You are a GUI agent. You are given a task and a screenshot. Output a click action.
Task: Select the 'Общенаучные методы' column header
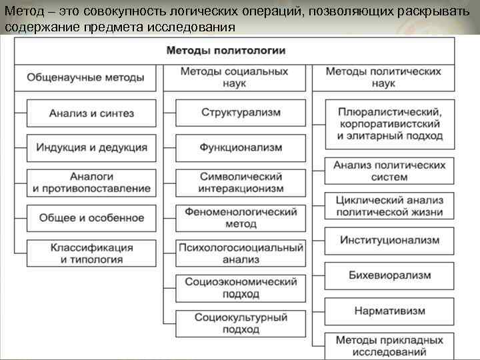coord(85,77)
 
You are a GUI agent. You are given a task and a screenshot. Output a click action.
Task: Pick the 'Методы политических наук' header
coord(383,77)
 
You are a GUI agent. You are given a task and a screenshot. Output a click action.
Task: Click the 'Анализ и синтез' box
coord(91,113)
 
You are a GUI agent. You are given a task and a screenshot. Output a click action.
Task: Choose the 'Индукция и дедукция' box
coord(91,147)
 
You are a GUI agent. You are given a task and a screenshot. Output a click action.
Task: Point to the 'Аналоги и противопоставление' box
coord(91,183)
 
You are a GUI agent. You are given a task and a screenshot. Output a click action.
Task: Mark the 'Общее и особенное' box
coord(91,218)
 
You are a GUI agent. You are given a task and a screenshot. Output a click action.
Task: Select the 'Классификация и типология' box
coord(91,253)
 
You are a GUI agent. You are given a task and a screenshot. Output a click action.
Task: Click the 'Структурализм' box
coord(241,113)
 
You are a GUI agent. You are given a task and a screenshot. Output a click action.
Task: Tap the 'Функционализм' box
coord(241,147)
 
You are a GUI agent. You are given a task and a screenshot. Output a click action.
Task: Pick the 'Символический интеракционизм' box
coord(241,183)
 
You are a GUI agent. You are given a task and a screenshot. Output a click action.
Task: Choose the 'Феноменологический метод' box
coord(241,218)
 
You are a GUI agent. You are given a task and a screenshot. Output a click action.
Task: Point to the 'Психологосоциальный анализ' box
coord(241,253)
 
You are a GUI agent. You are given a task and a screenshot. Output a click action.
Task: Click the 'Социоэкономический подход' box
coord(241,288)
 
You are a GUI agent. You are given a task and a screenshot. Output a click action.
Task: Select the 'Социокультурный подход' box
coord(241,323)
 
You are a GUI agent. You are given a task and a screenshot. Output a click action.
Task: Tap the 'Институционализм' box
coord(390,240)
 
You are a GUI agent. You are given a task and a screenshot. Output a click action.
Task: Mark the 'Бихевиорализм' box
coord(390,275)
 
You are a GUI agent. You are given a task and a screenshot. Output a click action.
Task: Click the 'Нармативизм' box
coord(390,311)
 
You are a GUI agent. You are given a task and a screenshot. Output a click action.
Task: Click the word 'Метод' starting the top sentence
coord(21,13)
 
